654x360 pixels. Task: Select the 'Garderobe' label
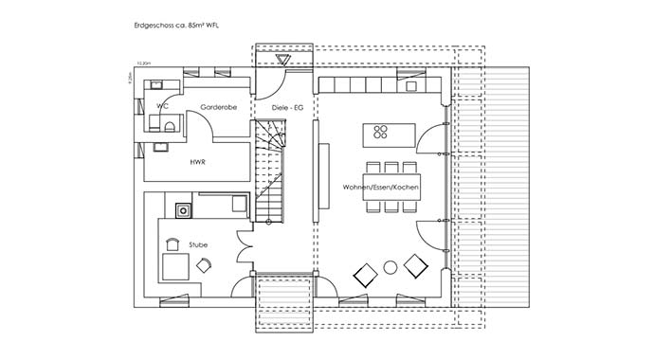point(218,108)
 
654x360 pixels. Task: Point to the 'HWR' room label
point(199,161)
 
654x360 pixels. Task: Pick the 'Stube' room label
point(199,244)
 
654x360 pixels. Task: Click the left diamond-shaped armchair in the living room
point(365,276)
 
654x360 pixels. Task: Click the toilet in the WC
point(153,120)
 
